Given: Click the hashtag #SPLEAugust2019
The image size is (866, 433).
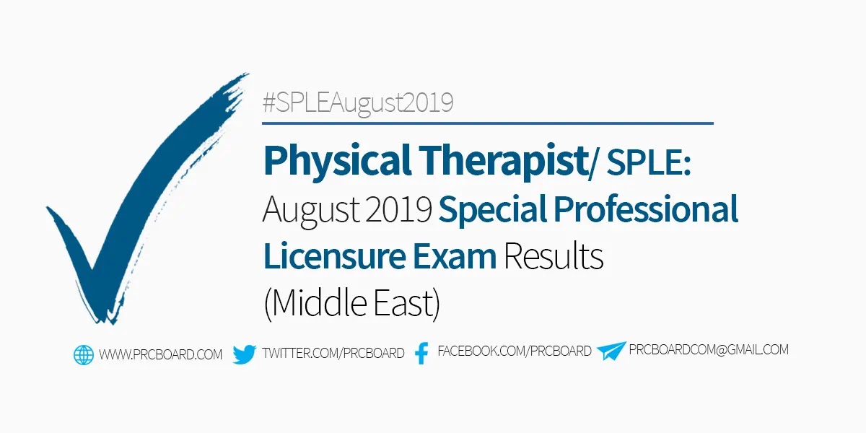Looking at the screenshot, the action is coord(358,103).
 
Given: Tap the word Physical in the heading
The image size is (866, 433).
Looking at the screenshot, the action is coord(337,161).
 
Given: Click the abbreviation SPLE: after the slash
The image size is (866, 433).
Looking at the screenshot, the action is coord(649,162).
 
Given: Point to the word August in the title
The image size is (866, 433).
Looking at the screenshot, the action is coord(311,210).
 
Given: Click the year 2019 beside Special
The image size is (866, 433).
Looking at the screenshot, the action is coord(398,209).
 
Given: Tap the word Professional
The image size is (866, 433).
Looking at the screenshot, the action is coord(646,209).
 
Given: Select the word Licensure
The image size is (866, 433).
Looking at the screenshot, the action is coord(335,255).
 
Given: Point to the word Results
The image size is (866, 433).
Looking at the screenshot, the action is coord(554,255).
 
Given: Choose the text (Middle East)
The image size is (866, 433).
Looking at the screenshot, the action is coord(352,303).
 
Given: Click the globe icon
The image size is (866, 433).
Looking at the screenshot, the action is coord(84,355).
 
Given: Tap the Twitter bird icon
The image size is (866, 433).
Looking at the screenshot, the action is coord(245,354).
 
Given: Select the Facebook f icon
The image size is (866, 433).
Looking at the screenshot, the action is coord(421,353).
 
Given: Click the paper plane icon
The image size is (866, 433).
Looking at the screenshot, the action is coord(611,351).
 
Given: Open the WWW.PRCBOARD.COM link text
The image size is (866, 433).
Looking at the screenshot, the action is coord(160,354).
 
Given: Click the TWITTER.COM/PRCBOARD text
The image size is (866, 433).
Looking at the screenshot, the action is coord(333,353).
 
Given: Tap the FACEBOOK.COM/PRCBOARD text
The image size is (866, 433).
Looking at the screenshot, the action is coord(515,351).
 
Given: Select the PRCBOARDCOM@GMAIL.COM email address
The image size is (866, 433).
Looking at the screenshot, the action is coord(709,349).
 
